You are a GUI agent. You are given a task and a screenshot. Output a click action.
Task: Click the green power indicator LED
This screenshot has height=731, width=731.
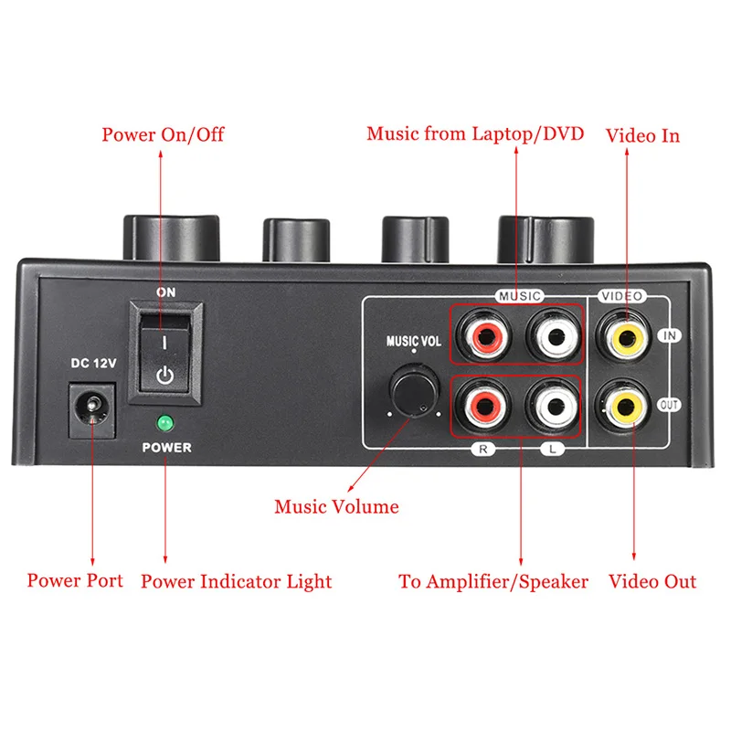(165, 423)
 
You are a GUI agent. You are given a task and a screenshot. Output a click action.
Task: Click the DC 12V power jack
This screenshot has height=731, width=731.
(93, 408)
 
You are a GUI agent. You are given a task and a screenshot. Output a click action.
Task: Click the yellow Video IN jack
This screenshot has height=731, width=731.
(626, 335)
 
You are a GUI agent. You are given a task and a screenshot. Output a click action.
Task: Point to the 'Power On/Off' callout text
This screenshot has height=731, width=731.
(163, 135)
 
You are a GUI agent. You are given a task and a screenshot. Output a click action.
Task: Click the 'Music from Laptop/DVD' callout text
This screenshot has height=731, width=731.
(475, 134)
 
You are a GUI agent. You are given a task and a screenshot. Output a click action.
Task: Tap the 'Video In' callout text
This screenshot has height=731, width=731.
(643, 135)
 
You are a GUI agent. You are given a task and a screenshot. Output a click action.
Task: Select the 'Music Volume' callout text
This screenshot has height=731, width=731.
(337, 506)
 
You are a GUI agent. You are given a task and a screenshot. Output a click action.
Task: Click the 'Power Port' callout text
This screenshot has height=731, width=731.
(75, 580)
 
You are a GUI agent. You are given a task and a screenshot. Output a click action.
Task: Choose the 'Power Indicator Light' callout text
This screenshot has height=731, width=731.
(236, 581)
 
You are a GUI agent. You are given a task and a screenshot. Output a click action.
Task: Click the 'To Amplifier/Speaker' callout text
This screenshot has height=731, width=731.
(493, 581)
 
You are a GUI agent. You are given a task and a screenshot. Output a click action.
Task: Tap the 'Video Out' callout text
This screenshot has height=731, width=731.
(652, 581)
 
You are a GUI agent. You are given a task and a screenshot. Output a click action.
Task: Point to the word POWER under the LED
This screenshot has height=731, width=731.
(166, 448)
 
